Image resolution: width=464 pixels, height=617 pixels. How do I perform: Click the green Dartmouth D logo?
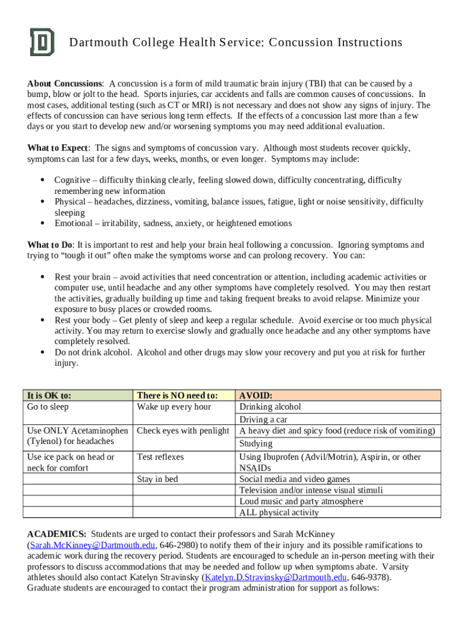coord(42,42)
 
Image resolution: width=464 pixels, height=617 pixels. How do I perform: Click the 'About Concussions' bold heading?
coord(65,83)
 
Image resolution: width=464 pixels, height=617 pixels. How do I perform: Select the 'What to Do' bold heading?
coord(50,245)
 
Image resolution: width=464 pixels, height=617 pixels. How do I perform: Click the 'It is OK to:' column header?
coord(49,395)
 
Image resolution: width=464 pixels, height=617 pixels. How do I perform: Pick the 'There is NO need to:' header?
coord(177,395)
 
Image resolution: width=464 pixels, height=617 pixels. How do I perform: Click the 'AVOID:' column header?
coord(256,396)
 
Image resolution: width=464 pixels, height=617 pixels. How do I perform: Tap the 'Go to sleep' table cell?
coord(48,407)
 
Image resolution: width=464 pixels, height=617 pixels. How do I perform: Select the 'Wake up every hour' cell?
coord(174,407)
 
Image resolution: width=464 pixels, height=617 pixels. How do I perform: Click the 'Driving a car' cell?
coord(263,419)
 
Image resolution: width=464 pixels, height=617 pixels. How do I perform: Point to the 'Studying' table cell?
coord(256,444)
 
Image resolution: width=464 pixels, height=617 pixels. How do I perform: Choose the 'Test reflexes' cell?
coord(160,457)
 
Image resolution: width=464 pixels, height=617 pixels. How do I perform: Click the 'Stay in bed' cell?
coord(157,480)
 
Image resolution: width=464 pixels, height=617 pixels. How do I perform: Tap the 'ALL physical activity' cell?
coord(279,513)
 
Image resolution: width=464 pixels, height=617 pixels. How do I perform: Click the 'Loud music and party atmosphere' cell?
coord(301,501)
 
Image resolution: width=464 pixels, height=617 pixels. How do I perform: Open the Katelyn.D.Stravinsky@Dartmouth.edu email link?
coord(275,577)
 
